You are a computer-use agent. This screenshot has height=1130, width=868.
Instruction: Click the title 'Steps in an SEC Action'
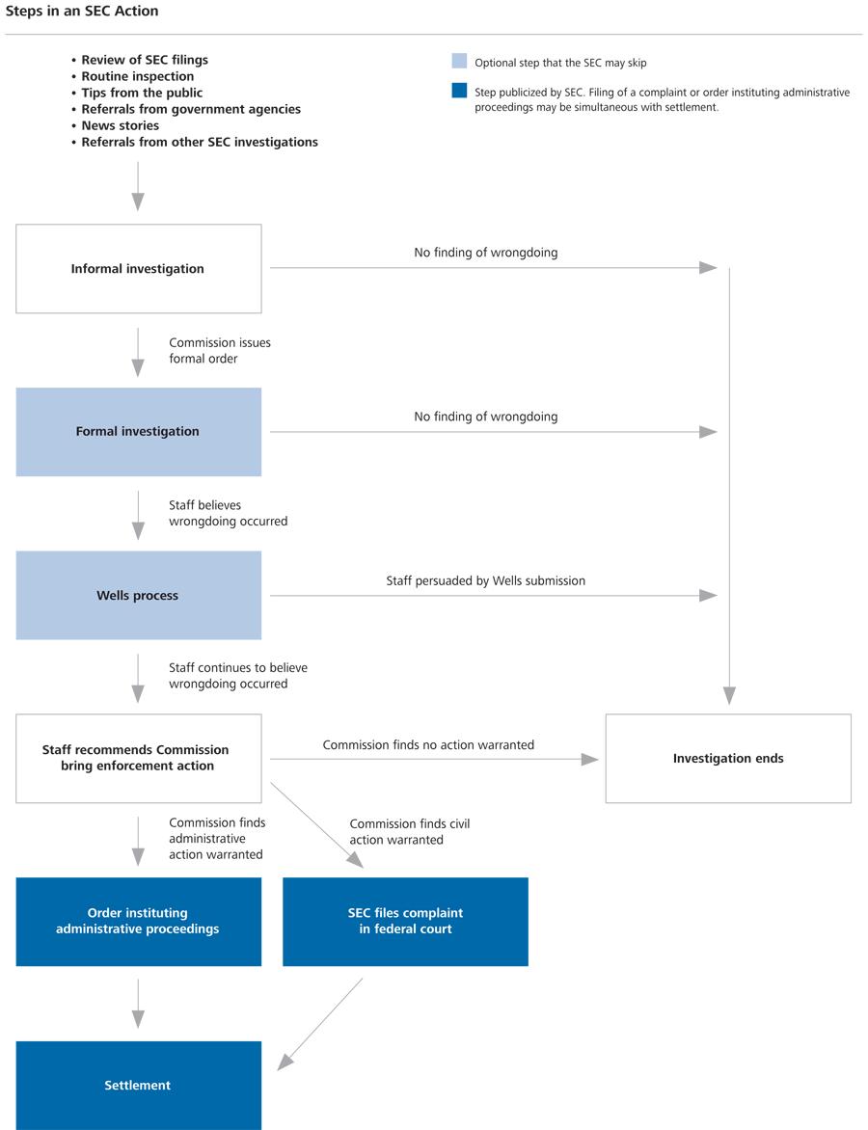point(82,12)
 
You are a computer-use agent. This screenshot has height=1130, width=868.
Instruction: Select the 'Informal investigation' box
point(138,269)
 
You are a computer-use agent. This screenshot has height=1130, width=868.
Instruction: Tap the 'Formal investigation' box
point(138,432)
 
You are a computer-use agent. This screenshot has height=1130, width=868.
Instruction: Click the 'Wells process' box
point(138,595)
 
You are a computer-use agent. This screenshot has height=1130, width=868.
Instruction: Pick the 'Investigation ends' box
point(728,758)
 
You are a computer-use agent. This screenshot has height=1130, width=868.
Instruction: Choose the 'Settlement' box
point(138,1085)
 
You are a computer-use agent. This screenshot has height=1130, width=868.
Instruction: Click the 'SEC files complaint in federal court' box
point(405,921)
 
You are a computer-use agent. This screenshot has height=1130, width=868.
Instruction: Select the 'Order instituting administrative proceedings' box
point(138,921)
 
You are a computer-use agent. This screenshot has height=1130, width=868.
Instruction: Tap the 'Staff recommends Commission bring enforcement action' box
point(138,758)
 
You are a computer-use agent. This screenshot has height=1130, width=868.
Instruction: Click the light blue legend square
point(459,62)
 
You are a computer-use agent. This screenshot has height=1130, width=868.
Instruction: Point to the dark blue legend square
point(459,92)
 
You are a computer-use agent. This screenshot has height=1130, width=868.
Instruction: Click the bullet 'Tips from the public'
point(142,93)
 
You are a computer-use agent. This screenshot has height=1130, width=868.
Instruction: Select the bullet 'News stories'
point(120,125)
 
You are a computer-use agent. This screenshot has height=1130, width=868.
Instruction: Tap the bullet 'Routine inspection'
point(137,76)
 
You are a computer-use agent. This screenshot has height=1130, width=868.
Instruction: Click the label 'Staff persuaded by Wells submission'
point(485,580)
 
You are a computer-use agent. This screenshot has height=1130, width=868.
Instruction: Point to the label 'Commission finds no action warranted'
point(428,744)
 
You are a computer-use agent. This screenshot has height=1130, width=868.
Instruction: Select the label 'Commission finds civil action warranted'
point(409,831)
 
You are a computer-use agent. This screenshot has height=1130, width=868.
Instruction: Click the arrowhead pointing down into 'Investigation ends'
point(729,695)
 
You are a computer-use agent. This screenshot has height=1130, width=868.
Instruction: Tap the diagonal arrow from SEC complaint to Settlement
point(321,1023)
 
